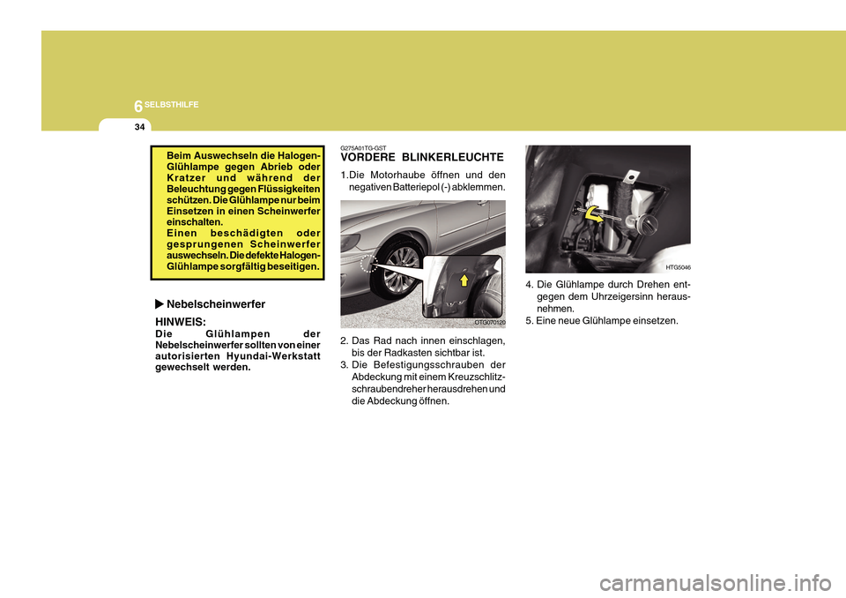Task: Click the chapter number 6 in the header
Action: point(138,105)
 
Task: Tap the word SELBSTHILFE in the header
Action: point(173,105)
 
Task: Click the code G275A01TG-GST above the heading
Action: point(363,147)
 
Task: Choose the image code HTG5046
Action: point(678,266)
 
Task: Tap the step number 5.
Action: point(529,321)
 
